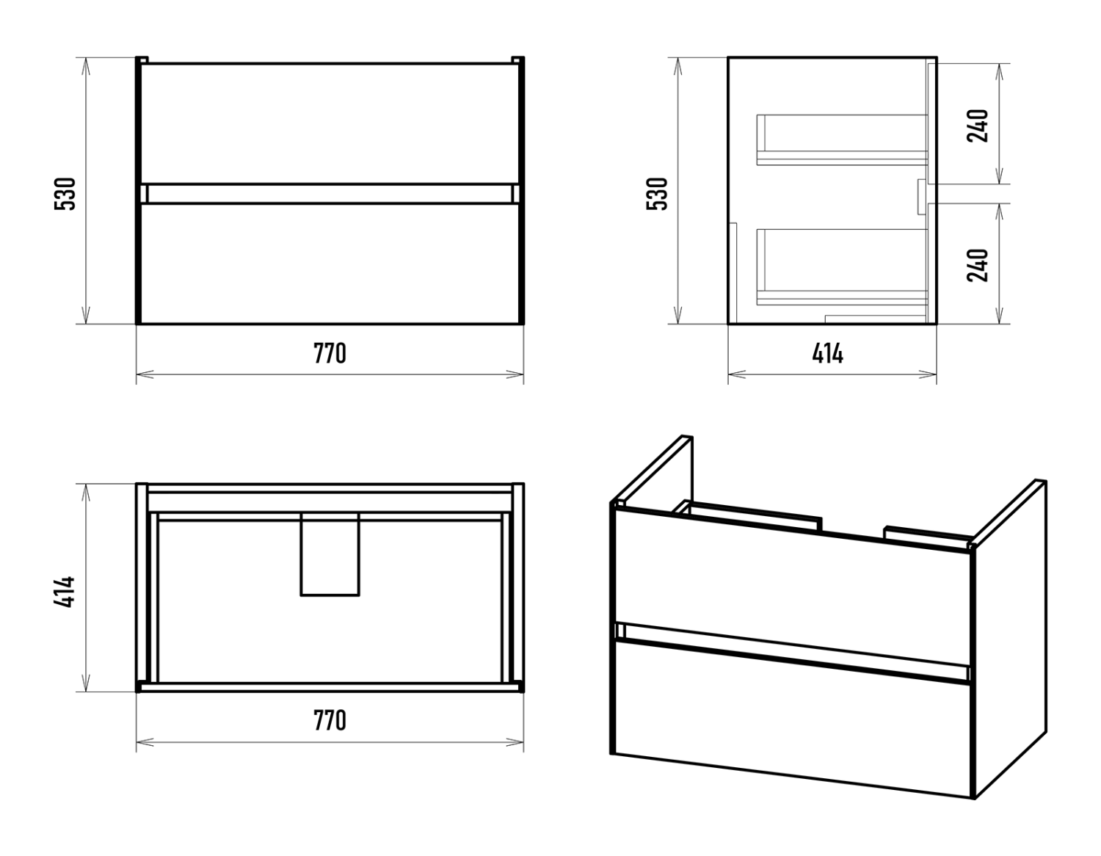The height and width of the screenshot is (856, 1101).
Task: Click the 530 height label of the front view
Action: click(x=65, y=193)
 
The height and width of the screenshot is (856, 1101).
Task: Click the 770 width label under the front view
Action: click(x=330, y=354)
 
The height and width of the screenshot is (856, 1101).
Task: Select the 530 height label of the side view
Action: click(x=658, y=193)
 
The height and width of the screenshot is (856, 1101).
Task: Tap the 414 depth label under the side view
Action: click(x=827, y=354)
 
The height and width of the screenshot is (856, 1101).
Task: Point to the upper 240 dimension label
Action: click(x=978, y=126)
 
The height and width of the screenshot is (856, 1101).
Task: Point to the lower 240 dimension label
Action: click(x=978, y=265)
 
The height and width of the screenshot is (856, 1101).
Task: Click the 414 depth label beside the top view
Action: click(x=65, y=591)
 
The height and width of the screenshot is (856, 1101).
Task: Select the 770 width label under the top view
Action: click(x=330, y=721)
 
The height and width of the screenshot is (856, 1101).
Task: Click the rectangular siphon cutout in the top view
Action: click(x=330, y=554)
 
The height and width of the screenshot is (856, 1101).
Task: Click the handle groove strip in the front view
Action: click(x=330, y=194)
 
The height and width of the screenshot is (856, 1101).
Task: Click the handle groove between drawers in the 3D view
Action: click(x=793, y=649)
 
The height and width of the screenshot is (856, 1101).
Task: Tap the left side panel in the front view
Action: click(x=138, y=191)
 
